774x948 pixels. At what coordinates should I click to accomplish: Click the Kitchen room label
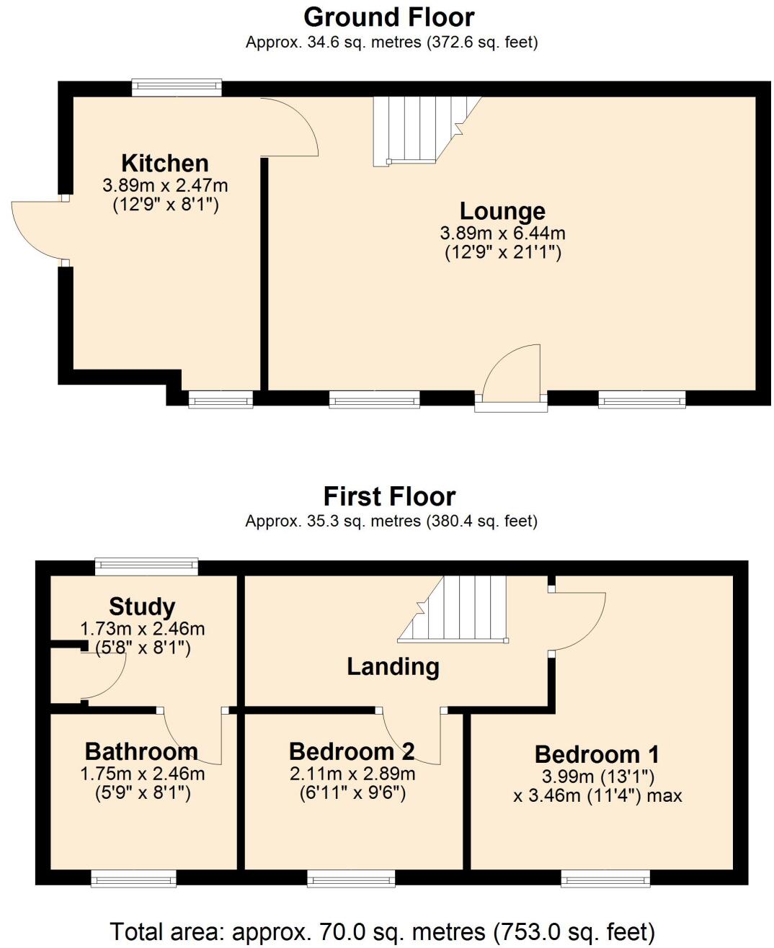point(165,163)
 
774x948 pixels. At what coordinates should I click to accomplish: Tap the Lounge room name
point(502,211)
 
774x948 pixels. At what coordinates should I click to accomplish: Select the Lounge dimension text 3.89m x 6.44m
point(502,233)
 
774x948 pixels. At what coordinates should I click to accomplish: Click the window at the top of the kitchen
point(177,88)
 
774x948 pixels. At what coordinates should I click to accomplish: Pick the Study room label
point(142,607)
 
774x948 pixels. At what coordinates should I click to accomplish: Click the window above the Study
point(146,567)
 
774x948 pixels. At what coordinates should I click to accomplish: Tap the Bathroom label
point(141,751)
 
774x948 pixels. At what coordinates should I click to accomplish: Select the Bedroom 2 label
point(352,751)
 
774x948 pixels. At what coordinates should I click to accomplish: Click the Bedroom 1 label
point(597,754)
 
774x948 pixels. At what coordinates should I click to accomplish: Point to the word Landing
point(393,666)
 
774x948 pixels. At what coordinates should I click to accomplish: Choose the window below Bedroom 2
point(351,878)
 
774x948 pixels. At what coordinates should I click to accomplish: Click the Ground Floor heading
point(389,17)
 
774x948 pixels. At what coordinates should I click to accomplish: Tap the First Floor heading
point(389,496)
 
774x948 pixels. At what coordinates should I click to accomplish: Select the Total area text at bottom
point(382,931)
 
